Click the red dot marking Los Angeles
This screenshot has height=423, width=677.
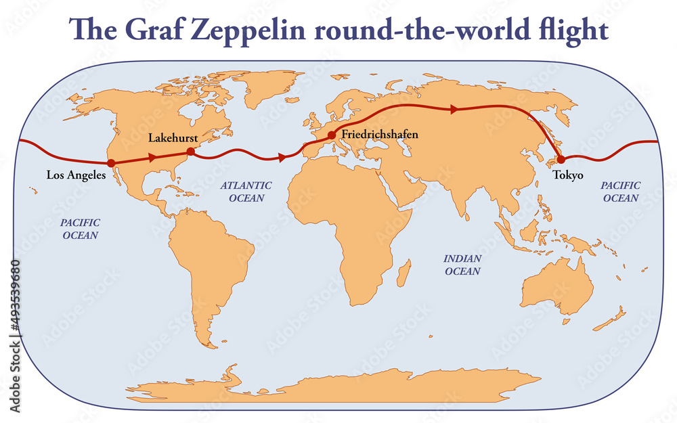tap(111, 162)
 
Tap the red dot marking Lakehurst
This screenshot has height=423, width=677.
tap(190, 152)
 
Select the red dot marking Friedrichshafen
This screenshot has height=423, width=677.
tap(332, 135)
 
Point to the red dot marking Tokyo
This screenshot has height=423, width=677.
tap(561, 159)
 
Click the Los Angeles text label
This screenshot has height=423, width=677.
tap(76, 175)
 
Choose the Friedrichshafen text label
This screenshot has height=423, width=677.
tap(380, 135)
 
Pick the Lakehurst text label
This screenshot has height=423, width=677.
tap(173, 138)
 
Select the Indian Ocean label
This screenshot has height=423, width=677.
tap(462, 265)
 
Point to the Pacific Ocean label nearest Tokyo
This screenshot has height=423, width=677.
tap(620, 192)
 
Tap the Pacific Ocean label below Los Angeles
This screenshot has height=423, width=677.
tap(81, 229)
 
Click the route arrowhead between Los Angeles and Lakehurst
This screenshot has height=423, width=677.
tap(152, 157)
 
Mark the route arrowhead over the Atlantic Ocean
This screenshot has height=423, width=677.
tap(282, 157)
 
